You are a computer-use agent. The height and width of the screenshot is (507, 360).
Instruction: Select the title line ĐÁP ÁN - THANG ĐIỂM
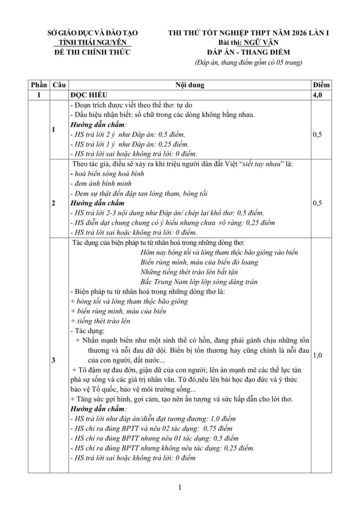click(x=248, y=52)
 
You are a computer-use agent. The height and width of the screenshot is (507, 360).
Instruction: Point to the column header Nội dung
click(x=190, y=85)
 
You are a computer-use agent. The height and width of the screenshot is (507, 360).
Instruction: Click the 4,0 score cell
click(x=319, y=95)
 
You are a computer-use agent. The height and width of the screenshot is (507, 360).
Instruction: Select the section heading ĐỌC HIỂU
click(x=88, y=95)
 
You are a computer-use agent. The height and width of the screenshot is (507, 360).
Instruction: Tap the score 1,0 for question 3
click(x=318, y=355)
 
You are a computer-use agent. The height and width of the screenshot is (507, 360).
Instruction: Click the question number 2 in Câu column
click(x=54, y=203)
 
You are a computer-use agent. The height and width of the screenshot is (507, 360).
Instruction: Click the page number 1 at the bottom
click(x=180, y=487)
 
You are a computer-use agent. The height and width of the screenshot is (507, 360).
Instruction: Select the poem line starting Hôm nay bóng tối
click(x=219, y=252)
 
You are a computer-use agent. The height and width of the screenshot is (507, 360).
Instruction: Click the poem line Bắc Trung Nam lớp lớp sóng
click(x=199, y=281)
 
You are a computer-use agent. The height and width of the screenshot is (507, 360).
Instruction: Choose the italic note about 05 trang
click(x=248, y=62)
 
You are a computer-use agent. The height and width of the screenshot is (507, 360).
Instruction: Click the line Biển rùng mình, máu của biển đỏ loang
click(x=199, y=262)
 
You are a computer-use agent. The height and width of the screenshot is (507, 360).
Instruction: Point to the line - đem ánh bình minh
click(x=98, y=184)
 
